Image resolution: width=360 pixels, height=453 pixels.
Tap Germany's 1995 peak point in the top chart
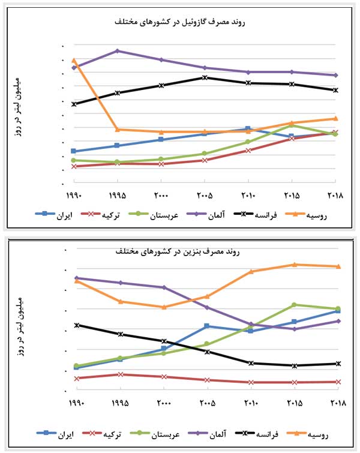[x=117, y=51]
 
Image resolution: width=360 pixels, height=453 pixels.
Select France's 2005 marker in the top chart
[x=205, y=77]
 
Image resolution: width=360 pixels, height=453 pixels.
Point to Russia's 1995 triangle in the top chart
[x=117, y=129]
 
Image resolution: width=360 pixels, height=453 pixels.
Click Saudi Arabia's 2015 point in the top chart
[x=292, y=125]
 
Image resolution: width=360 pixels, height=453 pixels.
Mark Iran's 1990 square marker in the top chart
[x=73, y=151]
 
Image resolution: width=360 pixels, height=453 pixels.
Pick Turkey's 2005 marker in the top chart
[x=205, y=160]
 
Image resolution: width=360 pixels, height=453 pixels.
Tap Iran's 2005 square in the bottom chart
[x=207, y=326]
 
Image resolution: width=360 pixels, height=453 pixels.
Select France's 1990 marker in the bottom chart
[x=76, y=325]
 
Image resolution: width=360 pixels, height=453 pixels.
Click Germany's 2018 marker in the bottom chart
[x=338, y=321]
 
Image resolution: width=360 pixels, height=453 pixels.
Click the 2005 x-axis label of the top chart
[x=205, y=196]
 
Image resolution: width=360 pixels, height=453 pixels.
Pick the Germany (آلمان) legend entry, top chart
[x=208, y=214]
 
